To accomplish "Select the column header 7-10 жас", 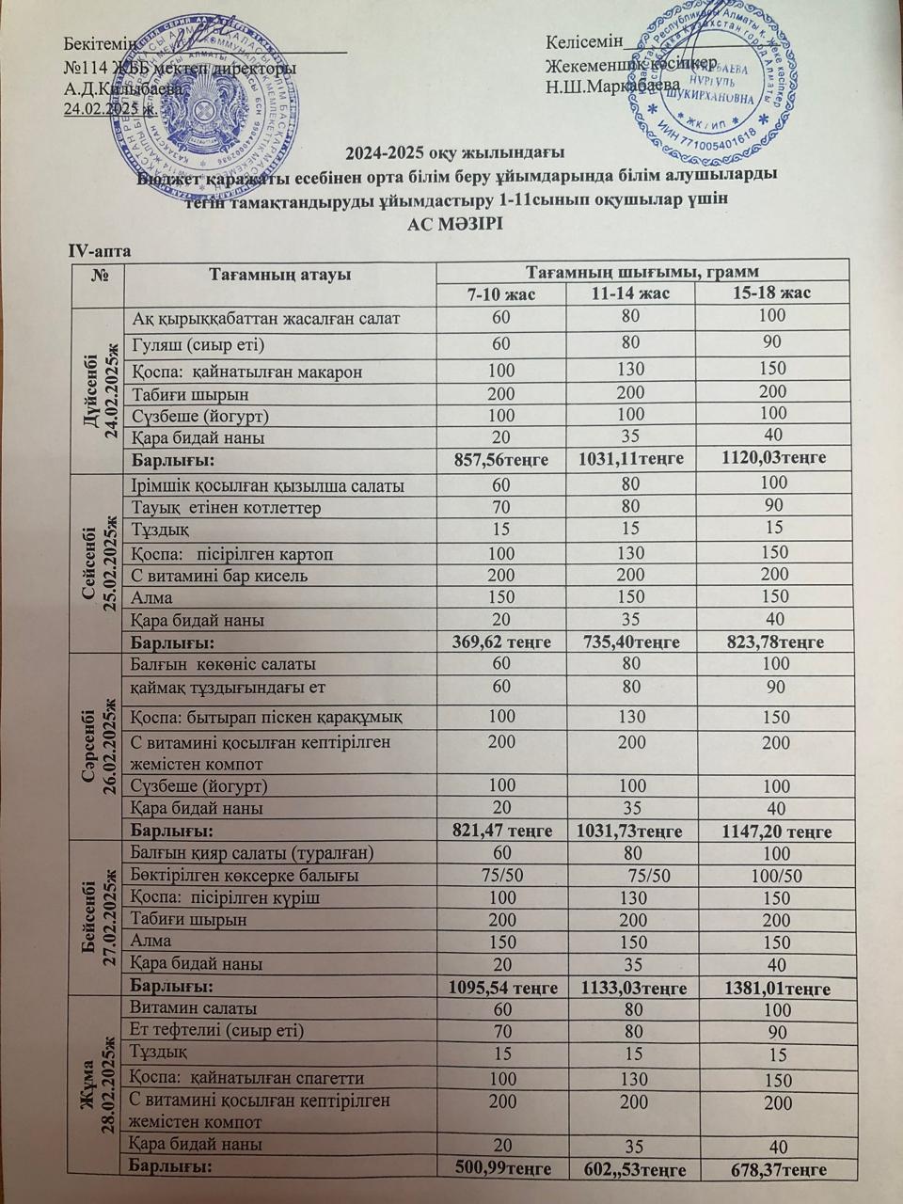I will (x=501, y=293).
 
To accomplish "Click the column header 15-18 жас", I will (x=771, y=293).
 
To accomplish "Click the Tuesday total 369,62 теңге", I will (x=500, y=643).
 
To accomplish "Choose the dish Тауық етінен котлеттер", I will (x=227, y=508).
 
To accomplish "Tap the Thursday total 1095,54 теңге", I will (x=501, y=989).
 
